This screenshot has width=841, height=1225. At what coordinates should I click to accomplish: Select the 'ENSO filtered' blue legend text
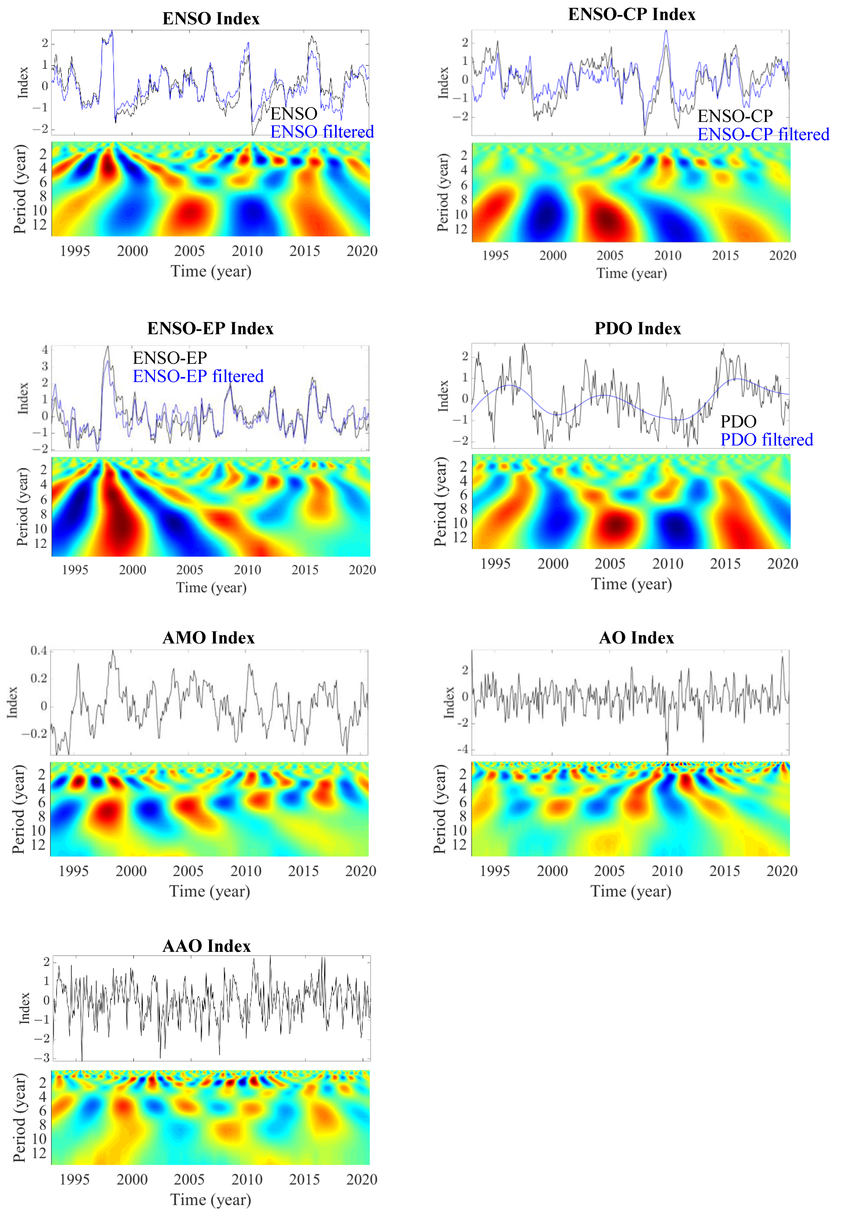point(322,132)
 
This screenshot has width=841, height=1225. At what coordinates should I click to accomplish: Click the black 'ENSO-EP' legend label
point(170,358)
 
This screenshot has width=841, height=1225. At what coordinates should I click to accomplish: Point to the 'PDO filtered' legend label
point(766,440)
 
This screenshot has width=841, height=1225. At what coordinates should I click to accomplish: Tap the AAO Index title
point(207,946)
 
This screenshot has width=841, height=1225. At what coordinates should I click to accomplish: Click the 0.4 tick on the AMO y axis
point(39,651)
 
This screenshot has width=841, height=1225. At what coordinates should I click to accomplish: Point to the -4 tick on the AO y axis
point(462,750)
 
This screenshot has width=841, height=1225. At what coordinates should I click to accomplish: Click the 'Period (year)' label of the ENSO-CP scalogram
point(443,193)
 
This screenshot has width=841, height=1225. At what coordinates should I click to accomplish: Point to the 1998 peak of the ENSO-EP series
point(107,347)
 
